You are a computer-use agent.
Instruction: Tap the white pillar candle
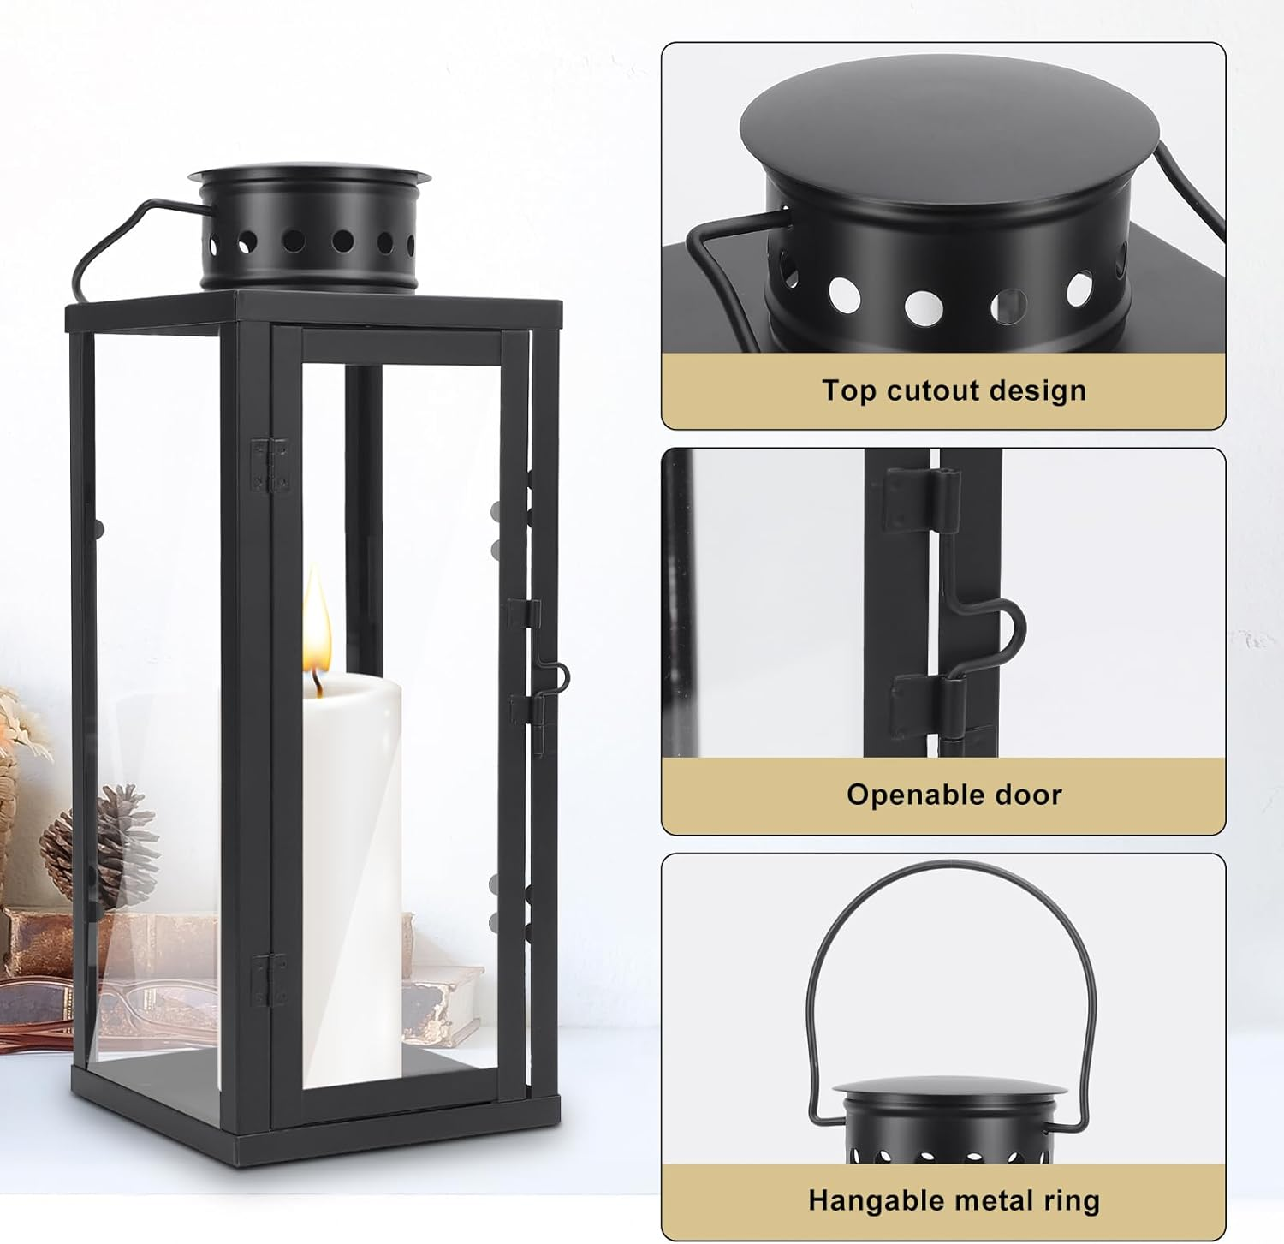[x=351, y=856]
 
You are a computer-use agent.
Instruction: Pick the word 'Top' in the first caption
[x=850, y=390]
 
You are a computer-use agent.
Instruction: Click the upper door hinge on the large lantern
[x=270, y=466]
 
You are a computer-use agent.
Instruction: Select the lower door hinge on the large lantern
[x=270, y=979]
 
